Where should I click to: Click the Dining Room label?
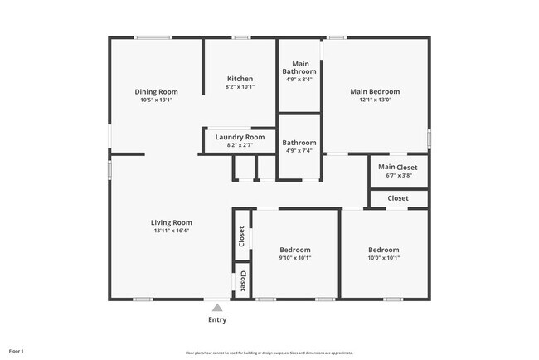[156, 92]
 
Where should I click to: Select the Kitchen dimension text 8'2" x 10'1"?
[240, 87]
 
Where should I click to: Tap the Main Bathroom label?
[299, 67]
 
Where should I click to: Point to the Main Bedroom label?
[374, 92]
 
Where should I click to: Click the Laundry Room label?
[240, 137]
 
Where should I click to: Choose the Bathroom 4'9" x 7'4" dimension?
[299, 151]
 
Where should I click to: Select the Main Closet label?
[398, 168]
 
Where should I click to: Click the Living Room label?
[171, 222]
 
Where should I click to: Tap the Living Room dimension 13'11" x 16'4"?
[171, 231]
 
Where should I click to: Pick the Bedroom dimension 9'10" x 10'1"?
[294, 258]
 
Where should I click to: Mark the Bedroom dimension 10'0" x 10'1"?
[383, 258]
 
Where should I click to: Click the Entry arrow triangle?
[217, 308]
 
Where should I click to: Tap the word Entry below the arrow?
[217, 319]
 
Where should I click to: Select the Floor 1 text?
[17, 352]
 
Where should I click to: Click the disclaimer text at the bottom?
[269, 353]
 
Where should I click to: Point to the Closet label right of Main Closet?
[398, 198]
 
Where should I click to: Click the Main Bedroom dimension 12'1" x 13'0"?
[374, 100]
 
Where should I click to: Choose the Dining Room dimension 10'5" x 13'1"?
[156, 100]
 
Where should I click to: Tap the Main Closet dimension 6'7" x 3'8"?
[398, 176]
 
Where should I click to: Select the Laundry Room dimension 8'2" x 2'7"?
[240, 145]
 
